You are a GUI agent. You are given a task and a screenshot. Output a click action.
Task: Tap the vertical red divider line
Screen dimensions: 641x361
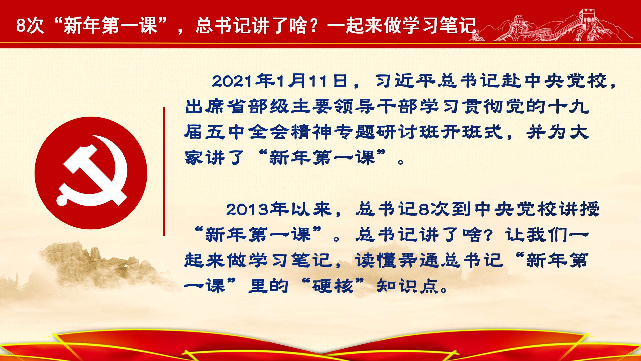click(164, 171)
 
